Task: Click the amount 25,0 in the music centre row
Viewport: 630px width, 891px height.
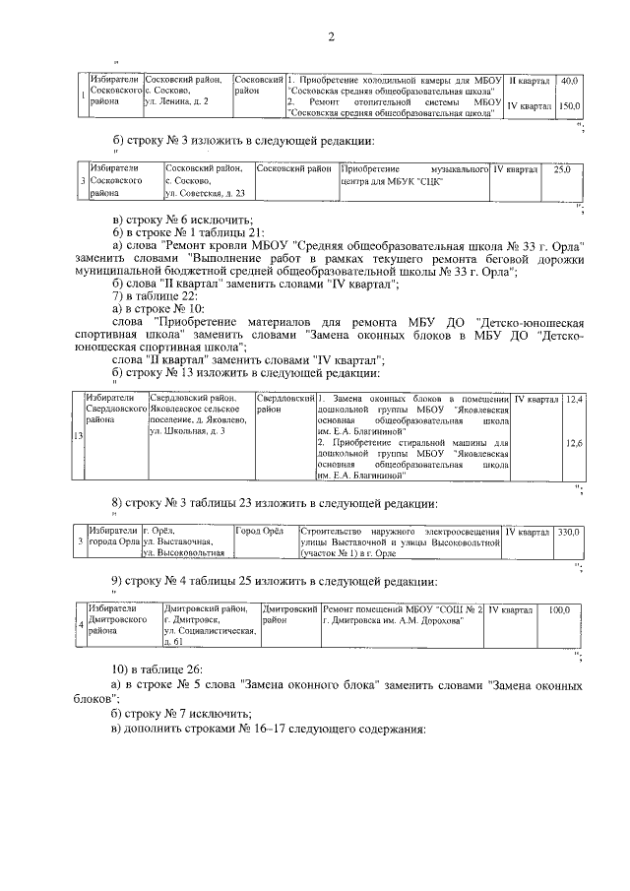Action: click(562, 170)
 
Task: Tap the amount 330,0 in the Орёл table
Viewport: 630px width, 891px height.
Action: click(570, 532)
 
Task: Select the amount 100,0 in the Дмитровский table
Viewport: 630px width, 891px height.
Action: click(559, 610)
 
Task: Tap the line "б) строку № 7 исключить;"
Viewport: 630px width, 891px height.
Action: click(183, 712)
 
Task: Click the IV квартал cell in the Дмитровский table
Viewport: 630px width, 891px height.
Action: click(511, 610)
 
